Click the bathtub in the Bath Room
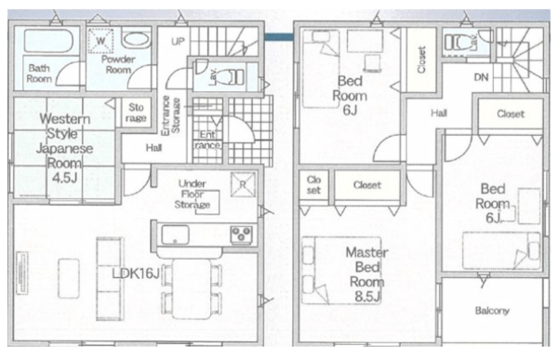pyautogui.click(x=48, y=40)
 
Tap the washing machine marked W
pyautogui.click(x=100, y=41)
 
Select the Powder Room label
pyautogui.click(x=118, y=64)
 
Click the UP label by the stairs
pyautogui.click(x=178, y=41)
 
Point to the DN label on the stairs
pyautogui.click(x=481, y=77)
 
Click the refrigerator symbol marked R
pyautogui.click(x=243, y=184)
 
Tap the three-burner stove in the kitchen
pyautogui.click(x=241, y=234)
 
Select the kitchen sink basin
pyautogui.click(x=175, y=234)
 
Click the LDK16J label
pyautogui.click(x=136, y=273)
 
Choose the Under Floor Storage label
pyautogui.click(x=193, y=194)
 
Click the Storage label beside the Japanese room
pyautogui.click(x=136, y=113)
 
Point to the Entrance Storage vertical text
pyautogui.click(x=171, y=115)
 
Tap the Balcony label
pyautogui.click(x=492, y=311)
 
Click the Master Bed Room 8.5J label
pyautogui.click(x=367, y=274)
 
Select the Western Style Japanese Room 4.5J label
pyautogui.click(x=64, y=148)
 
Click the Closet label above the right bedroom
pyautogui.click(x=511, y=113)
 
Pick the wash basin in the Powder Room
pyautogui.click(x=136, y=39)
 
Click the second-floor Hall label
pyautogui.click(x=439, y=113)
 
